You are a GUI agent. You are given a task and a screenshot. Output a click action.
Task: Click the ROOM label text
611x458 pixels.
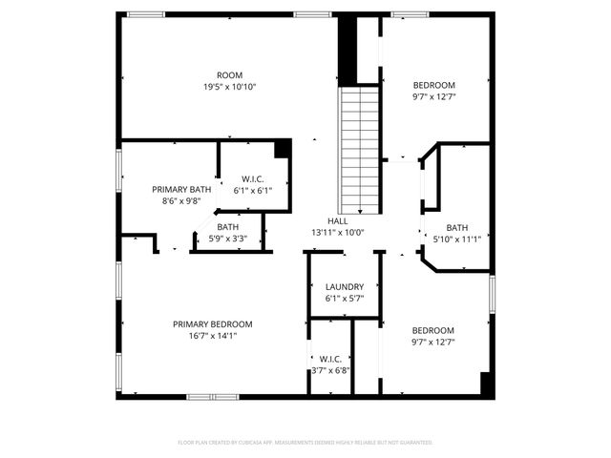click(x=229, y=75)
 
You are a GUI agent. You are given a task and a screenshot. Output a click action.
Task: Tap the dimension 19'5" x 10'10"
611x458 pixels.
click(x=229, y=87)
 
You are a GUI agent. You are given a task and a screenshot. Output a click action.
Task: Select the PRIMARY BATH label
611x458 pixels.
click(x=181, y=189)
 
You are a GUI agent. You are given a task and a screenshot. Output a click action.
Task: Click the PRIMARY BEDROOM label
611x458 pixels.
click(x=212, y=323)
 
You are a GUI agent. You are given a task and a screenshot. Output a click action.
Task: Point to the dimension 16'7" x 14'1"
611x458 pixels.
click(x=212, y=335)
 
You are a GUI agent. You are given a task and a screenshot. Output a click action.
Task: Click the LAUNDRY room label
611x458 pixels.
click(x=344, y=286)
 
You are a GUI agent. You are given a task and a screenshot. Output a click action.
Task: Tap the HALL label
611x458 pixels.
click(x=338, y=220)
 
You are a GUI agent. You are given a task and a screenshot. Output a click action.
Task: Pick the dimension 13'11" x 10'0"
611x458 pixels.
click(x=338, y=232)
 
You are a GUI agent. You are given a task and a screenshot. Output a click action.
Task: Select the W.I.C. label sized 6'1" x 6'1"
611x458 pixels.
click(x=252, y=178)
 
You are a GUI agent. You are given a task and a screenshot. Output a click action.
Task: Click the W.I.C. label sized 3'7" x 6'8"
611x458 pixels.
click(x=330, y=359)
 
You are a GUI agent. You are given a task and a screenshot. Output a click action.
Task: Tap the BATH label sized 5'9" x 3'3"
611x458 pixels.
click(x=227, y=227)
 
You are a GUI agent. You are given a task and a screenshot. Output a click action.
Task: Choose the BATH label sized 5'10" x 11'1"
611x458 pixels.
click(x=457, y=227)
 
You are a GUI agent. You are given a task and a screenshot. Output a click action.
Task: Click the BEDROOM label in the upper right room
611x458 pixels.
click(x=433, y=84)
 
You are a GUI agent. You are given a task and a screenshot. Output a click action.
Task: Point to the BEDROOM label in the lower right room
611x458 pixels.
click(x=433, y=330)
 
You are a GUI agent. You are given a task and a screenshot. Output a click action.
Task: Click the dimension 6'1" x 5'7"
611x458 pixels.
click(x=344, y=298)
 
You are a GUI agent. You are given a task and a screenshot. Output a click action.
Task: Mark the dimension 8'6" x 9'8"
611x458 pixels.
click(x=181, y=200)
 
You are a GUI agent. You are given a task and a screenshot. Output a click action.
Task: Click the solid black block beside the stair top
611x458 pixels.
click(x=348, y=50)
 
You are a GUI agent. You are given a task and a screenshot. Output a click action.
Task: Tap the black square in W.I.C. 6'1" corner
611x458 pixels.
click(x=283, y=149)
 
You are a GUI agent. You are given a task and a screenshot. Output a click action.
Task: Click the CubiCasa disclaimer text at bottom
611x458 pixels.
click(x=305, y=443)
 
